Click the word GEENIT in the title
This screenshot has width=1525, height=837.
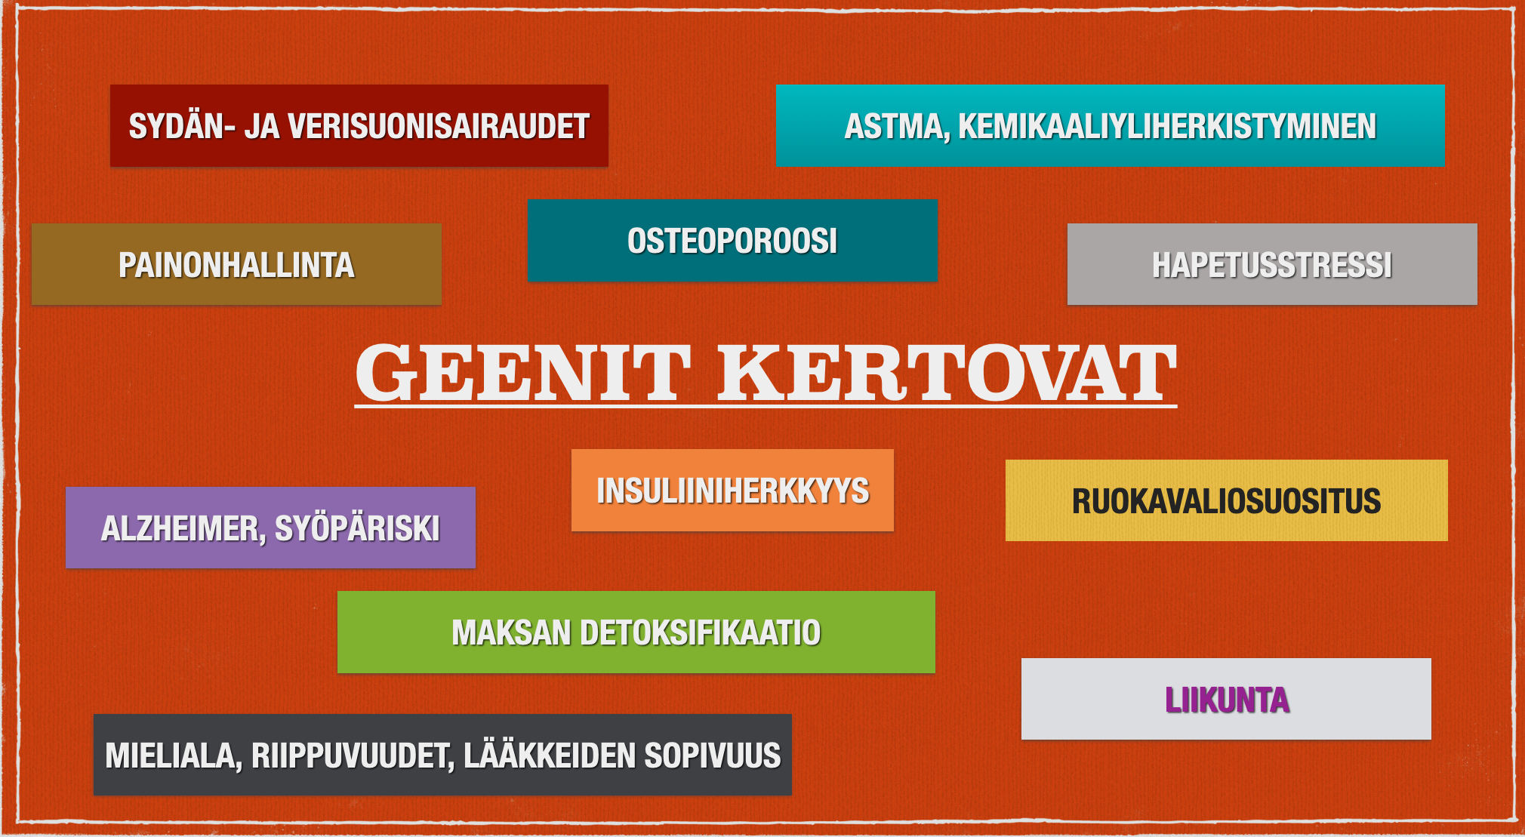coord(522,372)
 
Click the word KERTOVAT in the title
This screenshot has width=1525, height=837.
coord(947,372)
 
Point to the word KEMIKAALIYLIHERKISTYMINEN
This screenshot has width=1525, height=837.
coord(1167,126)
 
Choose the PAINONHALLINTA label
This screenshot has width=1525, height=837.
coord(236,265)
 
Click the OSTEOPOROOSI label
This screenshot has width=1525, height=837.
coord(732,241)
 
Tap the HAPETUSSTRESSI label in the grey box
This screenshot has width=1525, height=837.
coord(1272,265)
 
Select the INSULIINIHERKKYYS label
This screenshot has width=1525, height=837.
coord(733,491)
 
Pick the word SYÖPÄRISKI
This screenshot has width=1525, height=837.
coord(357,528)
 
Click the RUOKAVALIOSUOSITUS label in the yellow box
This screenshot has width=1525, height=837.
coord(1227,501)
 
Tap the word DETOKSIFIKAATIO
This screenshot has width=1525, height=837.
coord(700,632)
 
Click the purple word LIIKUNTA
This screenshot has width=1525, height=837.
coord(1227,700)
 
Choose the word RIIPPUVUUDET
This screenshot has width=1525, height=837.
coord(353,756)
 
